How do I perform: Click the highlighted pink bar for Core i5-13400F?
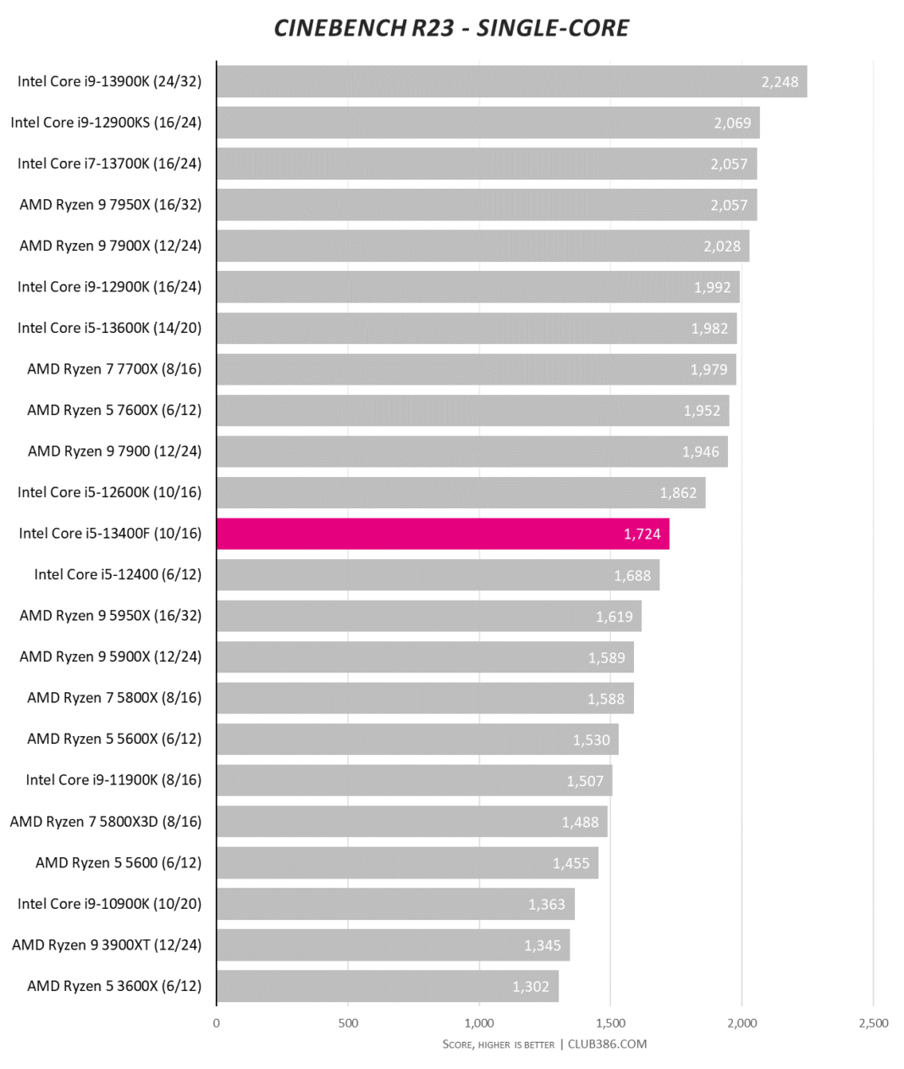coord(443,534)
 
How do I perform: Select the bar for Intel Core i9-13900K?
coord(511,81)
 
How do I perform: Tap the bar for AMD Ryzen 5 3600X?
coord(387,986)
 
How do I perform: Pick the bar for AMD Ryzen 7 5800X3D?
coord(411,822)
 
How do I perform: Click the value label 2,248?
coord(780,82)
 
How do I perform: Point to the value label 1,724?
coord(642,534)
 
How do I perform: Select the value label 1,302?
coord(531,987)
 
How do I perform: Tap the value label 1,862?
coord(678,493)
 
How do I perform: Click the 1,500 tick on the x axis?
coord(610,1023)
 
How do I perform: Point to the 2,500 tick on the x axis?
coord(874,1023)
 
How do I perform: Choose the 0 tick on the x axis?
coord(217,1023)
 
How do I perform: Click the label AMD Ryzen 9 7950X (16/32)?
coord(111,204)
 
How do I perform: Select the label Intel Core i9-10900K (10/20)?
coord(109,904)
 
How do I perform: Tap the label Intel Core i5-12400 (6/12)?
coord(118,574)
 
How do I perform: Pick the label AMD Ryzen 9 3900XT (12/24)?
coord(107,944)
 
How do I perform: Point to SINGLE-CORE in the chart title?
coord(553,28)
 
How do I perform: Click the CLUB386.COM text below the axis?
coord(607,1044)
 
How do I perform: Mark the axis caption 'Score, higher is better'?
coord(498,1044)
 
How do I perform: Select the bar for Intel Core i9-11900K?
coord(414,780)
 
